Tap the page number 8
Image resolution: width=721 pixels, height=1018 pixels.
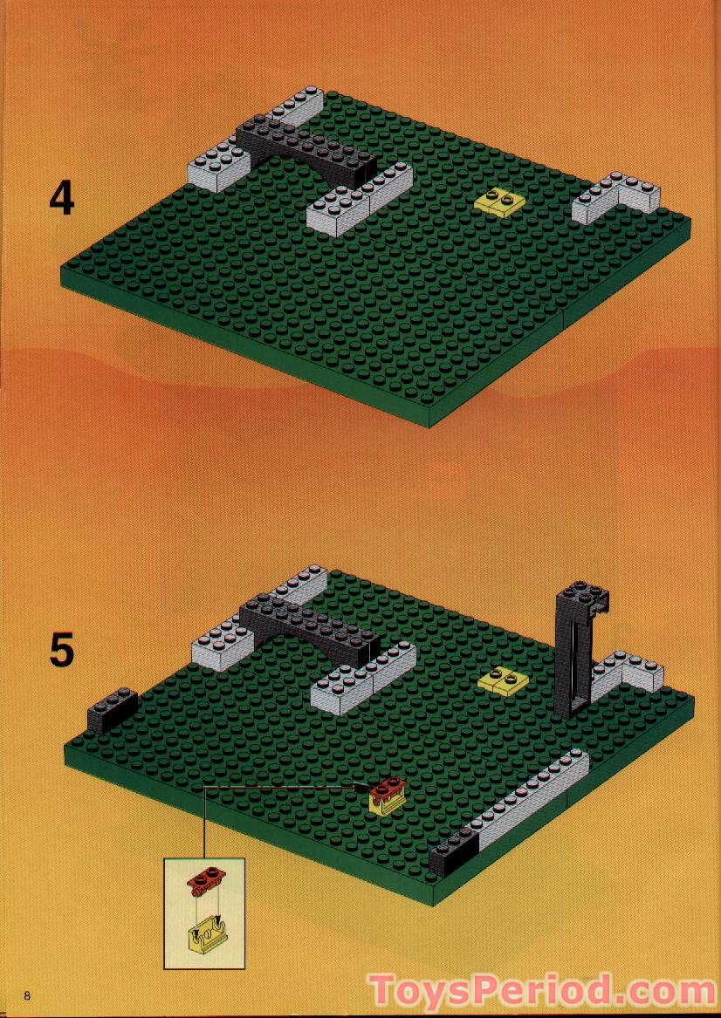point(27,996)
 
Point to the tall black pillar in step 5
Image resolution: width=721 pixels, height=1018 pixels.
point(580,649)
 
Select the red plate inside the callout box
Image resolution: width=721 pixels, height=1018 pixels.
point(204,879)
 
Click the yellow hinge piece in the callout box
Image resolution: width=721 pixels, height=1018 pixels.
point(206,935)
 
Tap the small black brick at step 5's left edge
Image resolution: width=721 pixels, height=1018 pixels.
point(113,709)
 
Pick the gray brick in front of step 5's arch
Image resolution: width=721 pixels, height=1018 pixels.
point(363,679)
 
